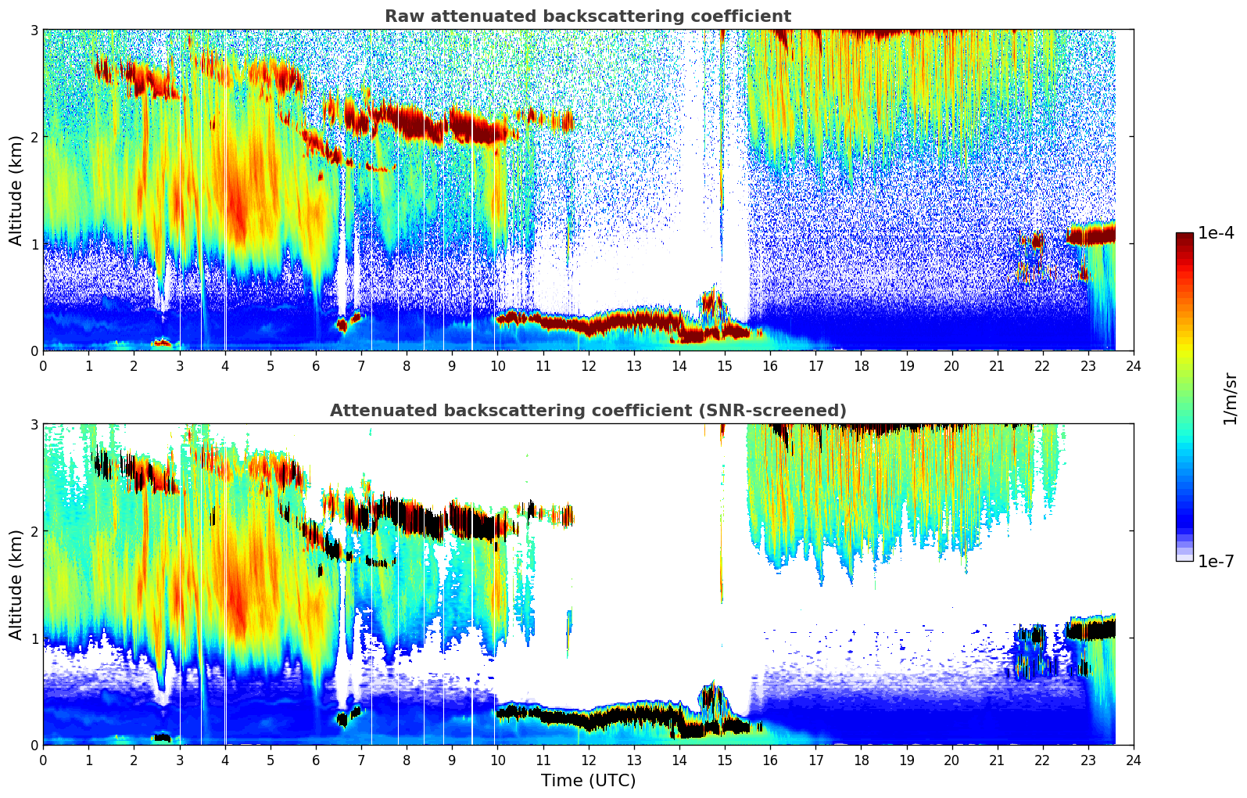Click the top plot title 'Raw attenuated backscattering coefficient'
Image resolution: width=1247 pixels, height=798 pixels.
tap(587, 16)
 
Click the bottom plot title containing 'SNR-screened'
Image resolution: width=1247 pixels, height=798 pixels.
tap(587, 411)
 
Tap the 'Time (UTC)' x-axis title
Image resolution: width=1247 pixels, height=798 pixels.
tap(588, 781)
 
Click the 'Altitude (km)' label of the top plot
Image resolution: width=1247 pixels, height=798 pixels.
tap(16, 190)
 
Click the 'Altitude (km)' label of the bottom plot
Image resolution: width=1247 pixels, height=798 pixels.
tap(16, 584)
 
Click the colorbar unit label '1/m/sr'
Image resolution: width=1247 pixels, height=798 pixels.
tap(1230, 398)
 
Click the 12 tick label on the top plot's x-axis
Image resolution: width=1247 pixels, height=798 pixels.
tap(588, 366)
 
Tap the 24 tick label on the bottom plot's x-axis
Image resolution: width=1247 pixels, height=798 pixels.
tap(1133, 760)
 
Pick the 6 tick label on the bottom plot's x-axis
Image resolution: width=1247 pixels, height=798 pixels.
tap(316, 760)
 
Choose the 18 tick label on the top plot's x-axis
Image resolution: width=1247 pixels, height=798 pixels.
tap(861, 366)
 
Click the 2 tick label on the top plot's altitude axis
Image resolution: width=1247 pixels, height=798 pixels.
tap(34, 137)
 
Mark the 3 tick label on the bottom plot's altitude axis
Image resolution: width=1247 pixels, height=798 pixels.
tap(34, 424)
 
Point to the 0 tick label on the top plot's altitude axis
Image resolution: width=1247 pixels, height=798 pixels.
tap(34, 351)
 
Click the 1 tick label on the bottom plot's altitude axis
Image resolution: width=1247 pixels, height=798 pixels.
tap(34, 638)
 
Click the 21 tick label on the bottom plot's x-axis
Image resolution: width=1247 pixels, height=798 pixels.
tap(997, 760)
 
